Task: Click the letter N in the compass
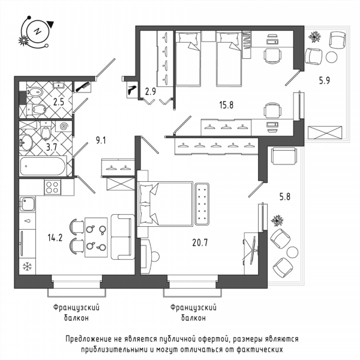pyautogui.click(x=37, y=31)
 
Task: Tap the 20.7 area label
pyautogui.click(x=200, y=242)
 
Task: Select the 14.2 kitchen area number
pyautogui.click(x=55, y=238)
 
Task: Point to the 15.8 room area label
pyautogui.click(x=226, y=105)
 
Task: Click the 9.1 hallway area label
pyautogui.click(x=101, y=140)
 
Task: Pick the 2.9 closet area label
pyautogui.click(x=151, y=91)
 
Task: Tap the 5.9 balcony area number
pyautogui.click(x=325, y=80)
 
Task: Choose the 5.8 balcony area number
pyautogui.click(x=284, y=197)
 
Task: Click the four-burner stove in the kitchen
pyautogui.click(x=52, y=187)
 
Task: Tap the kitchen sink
pyautogui.click(x=28, y=203)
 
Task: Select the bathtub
pyautogui.click(x=43, y=166)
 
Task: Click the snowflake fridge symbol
pyautogui.click(x=28, y=266)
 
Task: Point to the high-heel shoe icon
pyautogui.click(x=133, y=90)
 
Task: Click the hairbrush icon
pyautogui.click(x=82, y=87)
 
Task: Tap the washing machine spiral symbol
pyautogui.click(x=64, y=126)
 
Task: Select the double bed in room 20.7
pyautogui.click(x=164, y=204)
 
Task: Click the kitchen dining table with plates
pyautogui.click(x=96, y=238)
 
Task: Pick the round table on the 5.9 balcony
pyautogui.click(x=332, y=57)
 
